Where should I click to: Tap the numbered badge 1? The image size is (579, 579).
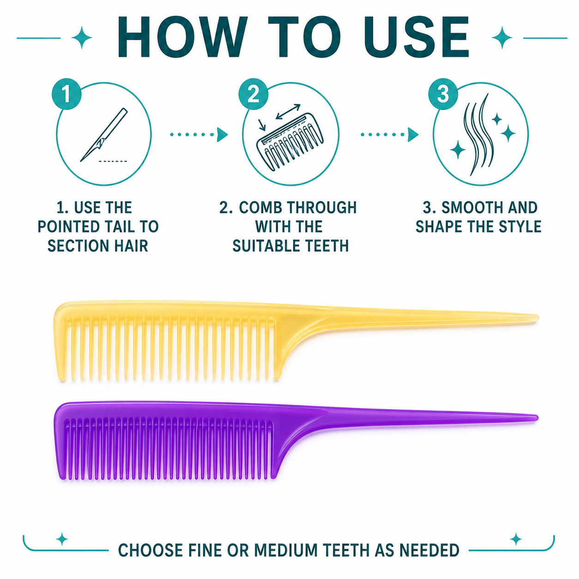66,94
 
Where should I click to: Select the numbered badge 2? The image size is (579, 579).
253,94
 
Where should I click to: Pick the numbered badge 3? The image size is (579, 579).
443,94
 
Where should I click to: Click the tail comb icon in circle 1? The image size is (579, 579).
104,135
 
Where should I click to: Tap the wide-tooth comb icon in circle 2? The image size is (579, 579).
290,142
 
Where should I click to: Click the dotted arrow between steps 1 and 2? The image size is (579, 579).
199,135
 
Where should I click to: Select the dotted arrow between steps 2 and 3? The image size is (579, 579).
389,135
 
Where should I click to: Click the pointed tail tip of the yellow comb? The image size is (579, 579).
537,318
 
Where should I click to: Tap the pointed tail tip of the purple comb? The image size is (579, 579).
537,418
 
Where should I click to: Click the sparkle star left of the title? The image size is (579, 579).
81,37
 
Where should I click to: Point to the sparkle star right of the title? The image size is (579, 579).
502,37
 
